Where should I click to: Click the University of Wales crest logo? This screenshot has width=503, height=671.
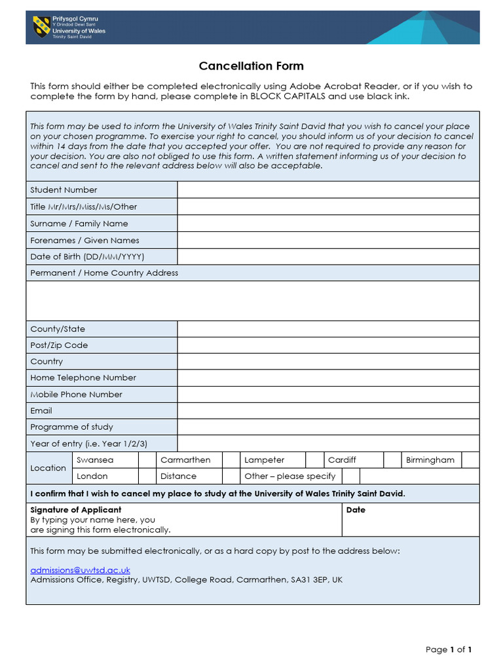(41, 27)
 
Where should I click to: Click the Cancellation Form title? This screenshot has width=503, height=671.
(251, 66)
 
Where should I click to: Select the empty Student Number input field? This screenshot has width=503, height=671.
(328, 190)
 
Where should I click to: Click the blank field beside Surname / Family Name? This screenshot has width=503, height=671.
(328, 223)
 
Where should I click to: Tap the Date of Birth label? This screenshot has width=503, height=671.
(87, 257)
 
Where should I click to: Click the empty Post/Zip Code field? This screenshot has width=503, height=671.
(328, 345)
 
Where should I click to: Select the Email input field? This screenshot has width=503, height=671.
(328, 411)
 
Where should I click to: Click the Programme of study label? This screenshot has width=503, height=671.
(71, 427)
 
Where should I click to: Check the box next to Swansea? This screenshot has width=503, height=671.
(147, 460)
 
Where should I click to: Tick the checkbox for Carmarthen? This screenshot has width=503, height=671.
(231, 460)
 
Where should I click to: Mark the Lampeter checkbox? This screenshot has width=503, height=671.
(315, 460)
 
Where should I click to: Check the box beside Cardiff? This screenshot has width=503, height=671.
(392, 460)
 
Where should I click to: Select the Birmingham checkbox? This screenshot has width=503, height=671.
(470, 460)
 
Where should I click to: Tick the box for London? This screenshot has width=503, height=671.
(147, 476)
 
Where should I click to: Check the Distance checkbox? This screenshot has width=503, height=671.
(231, 476)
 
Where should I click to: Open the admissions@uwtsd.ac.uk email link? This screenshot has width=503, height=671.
(81, 570)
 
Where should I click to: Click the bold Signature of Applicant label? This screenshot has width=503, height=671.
(76, 510)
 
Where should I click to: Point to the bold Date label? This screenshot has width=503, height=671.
(356, 510)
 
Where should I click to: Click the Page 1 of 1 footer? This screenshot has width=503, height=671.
(449, 649)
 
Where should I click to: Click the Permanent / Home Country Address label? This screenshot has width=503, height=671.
(104, 273)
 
